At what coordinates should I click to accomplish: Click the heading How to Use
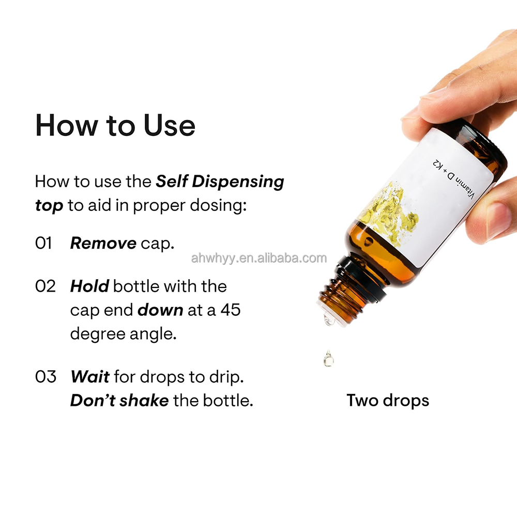tap(115, 125)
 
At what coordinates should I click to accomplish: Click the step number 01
tap(43, 244)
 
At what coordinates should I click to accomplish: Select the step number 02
tap(45, 286)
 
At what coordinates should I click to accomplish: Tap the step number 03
tap(45, 376)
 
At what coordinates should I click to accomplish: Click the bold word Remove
tap(103, 244)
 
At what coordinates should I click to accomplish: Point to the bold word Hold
tap(89, 286)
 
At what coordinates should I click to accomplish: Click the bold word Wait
tap(89, 376)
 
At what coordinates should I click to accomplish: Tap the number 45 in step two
tap(231, 310)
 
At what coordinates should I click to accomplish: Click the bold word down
tap(160, 310)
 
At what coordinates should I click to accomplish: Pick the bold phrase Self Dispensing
tap(220, 182)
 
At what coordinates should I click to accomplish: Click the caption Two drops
tap(388, 401)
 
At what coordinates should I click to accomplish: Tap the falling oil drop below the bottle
tap(328, 359)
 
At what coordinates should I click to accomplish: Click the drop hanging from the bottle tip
tap(329, 319)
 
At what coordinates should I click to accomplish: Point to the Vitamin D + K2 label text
tap(453, 180)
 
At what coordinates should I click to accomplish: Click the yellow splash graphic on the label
tap(389, 211)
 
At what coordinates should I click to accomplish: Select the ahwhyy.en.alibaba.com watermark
tap(259, 258)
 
